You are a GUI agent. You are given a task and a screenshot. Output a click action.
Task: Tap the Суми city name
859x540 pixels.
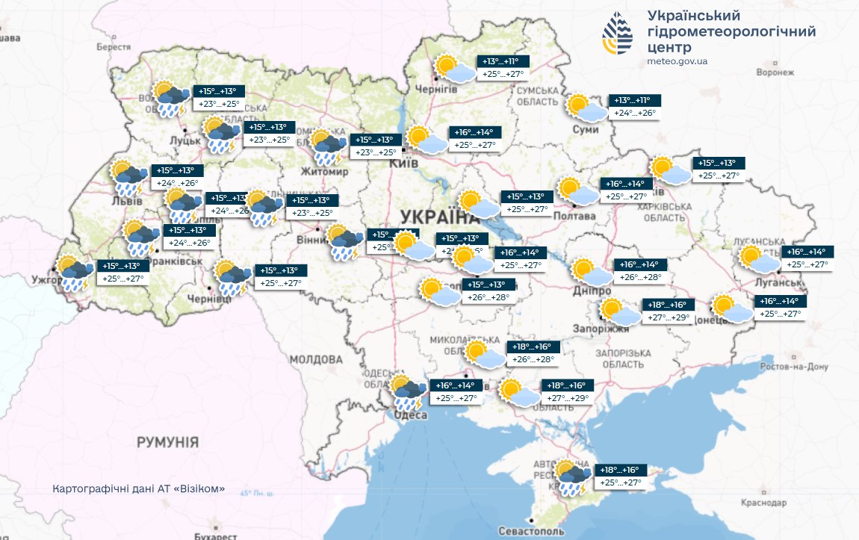pos(586,129)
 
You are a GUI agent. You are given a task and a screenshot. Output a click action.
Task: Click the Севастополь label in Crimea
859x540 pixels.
pos(531,531)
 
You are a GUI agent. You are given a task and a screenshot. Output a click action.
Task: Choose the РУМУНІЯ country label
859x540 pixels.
pos(167,443)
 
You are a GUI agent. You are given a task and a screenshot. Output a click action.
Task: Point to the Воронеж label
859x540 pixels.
pos(774,72)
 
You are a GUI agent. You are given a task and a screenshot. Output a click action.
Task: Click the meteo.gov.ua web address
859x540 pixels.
pos(677,61)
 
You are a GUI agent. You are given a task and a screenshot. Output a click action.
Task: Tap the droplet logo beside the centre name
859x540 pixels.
pos(617,34)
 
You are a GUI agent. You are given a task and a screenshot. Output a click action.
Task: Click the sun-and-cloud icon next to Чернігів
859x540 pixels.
pos(454,69)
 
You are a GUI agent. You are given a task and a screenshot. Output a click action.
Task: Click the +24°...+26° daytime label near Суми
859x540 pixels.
pos(635,114)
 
